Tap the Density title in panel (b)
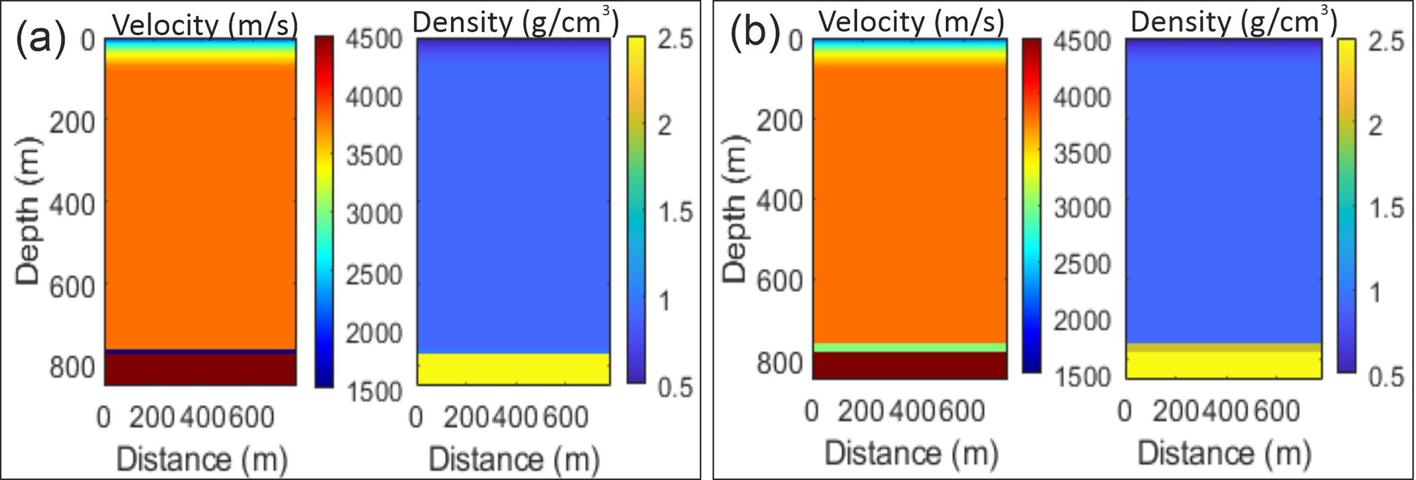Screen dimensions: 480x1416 point(1233,23)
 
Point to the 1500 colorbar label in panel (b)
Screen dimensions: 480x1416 point(1082,376)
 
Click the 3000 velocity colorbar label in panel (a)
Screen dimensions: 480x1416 point(374,215)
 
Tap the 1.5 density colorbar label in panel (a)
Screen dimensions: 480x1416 point(675,213)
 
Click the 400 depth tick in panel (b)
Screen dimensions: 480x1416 point(779,200)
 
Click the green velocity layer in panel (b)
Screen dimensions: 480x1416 point(910,348)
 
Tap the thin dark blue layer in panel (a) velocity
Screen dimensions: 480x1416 point(200,351)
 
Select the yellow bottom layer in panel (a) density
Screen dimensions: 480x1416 point(513,369)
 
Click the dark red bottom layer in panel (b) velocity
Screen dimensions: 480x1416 point(910,365)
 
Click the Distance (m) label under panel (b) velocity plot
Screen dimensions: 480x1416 point(911,453)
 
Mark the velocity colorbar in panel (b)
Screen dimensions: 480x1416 point(1030,206)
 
